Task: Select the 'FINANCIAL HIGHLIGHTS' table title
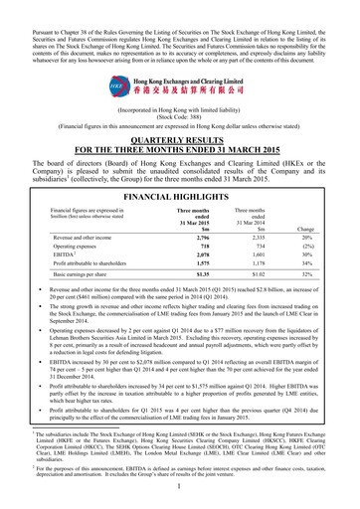tap(179, 171)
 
